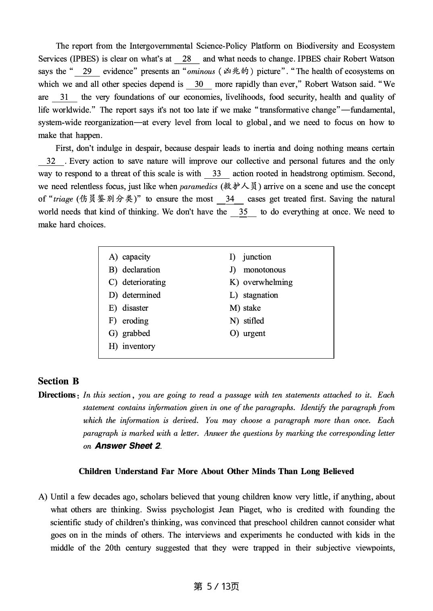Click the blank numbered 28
tap(186, 59)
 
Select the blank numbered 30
tap(199, 84)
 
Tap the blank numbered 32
tap(51, 161)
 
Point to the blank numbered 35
tap(243, 212)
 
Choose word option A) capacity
tap(130, 257)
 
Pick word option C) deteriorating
tap(137, 282)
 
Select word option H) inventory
tap(132, 346)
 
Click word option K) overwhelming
tap(261, 282)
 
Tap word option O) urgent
tap(247, 333)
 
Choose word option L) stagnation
tap(254, 295)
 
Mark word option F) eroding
tap(128, 321)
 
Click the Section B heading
tap(58, 381)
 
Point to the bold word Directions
tap(57, 395)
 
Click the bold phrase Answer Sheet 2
tap(128, 446)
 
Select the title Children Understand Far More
tap(216, 471)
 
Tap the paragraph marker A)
tap(43, 497)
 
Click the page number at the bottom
tap(216, 586)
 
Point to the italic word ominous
tap(201, 72)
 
